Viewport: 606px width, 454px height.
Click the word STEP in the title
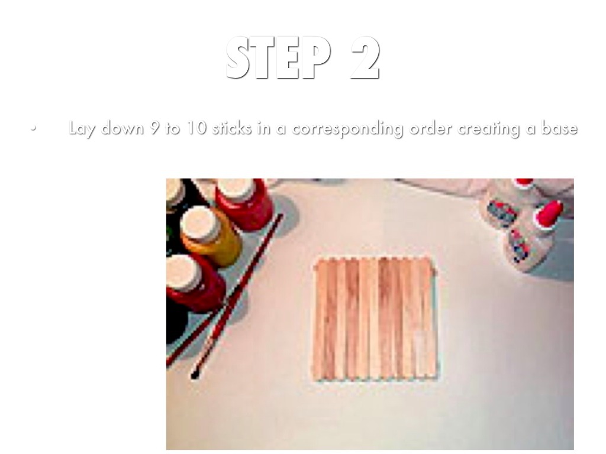coord(278,58)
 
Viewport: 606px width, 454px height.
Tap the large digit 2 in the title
coord(365,58)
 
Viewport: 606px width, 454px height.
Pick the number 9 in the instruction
coord(154,128)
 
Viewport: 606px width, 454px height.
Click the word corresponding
coord(347,128)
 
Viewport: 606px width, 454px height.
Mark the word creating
coord(488,128)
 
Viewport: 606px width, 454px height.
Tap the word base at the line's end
coord(559,128)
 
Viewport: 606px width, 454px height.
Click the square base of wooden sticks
coord(375,319)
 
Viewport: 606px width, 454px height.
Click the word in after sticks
coord(262,128)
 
